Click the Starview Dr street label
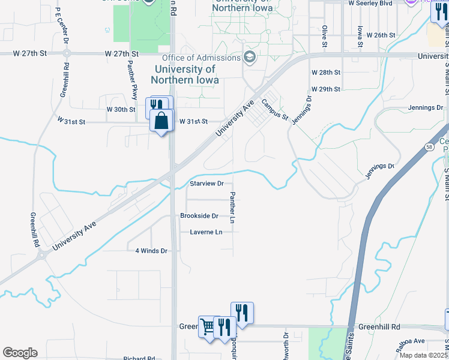[x=206, y=184]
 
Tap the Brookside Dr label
[x=199, y=215]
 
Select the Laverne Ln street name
[x=206, y=232]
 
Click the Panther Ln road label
[x=232, y=208]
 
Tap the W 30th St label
[x=121, y=109]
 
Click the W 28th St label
[x=326, y=72]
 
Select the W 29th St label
[x=326, y=89]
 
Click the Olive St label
[x=324, y=37]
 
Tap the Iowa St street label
[x=359, y=37]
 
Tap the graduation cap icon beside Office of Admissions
[x=249, y=58]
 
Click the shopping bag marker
[x=162, y=121]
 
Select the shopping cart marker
[x=208, y=327]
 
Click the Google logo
[x=20, y=353]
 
